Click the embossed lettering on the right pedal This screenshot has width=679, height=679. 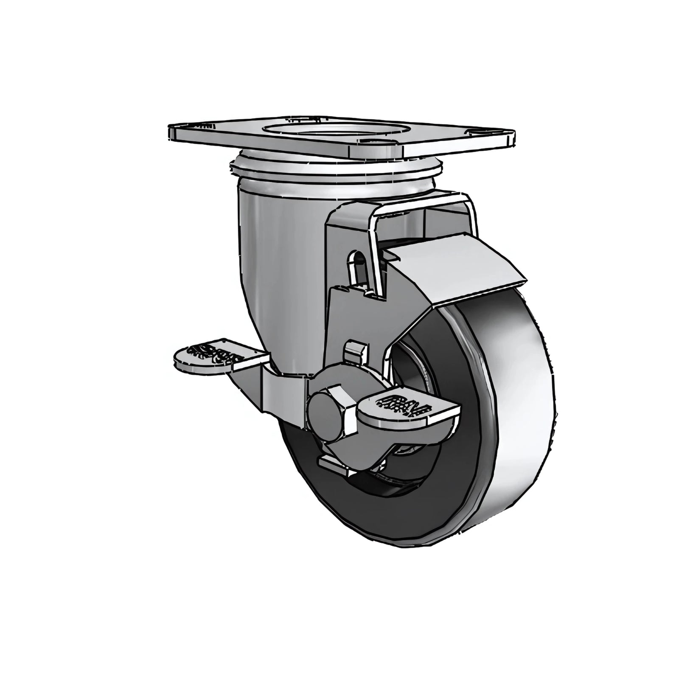[403, 405]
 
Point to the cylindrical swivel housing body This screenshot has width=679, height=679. [272, 255]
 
